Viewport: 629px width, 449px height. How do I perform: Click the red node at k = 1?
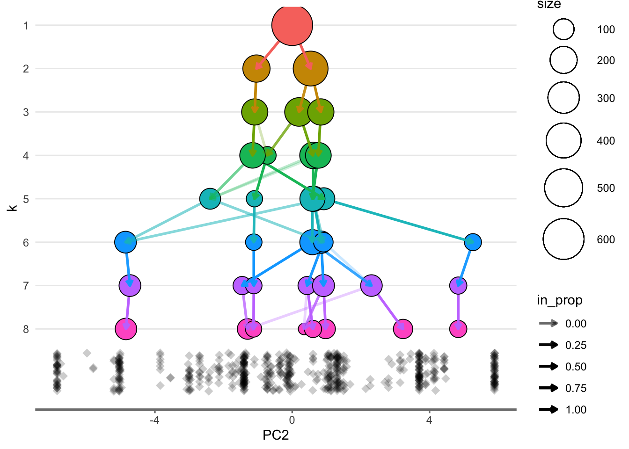click(x=292, y=25)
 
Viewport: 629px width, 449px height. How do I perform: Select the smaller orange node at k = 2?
click(x=256, y=68)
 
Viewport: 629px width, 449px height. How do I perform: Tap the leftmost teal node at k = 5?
click(x=210, y=199)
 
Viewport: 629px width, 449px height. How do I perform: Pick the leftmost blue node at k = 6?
click(x=125, y=242)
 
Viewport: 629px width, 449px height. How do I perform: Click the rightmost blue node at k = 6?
click(x=473, y=242)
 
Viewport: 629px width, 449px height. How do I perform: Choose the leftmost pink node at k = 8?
click(x=126, y=329)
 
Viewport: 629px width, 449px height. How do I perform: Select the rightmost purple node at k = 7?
click(x=458, y=285)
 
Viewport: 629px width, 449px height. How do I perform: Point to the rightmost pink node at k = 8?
click(x=458, y=329)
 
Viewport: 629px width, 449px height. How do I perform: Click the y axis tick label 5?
click(x=26, y=199)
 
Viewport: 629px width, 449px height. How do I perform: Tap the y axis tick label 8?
click(x=26, y=329)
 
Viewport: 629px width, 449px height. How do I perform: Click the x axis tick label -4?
click(x=154, y=420)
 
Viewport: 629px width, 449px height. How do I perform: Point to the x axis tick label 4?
click(x=429, y=420)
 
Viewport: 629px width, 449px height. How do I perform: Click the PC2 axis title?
click(x=276, y=435)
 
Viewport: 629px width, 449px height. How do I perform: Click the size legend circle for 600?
click(x=563, y=239)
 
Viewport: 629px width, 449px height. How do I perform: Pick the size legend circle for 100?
click(x=563, y=29)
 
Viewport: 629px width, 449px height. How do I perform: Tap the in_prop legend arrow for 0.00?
click(x=549, y=323)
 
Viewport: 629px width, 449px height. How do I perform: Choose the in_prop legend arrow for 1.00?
click(x=549, y=410)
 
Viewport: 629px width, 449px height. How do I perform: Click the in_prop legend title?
click(x=559, y=300)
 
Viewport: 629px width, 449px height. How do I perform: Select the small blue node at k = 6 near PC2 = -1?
click(x=254, y=242)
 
